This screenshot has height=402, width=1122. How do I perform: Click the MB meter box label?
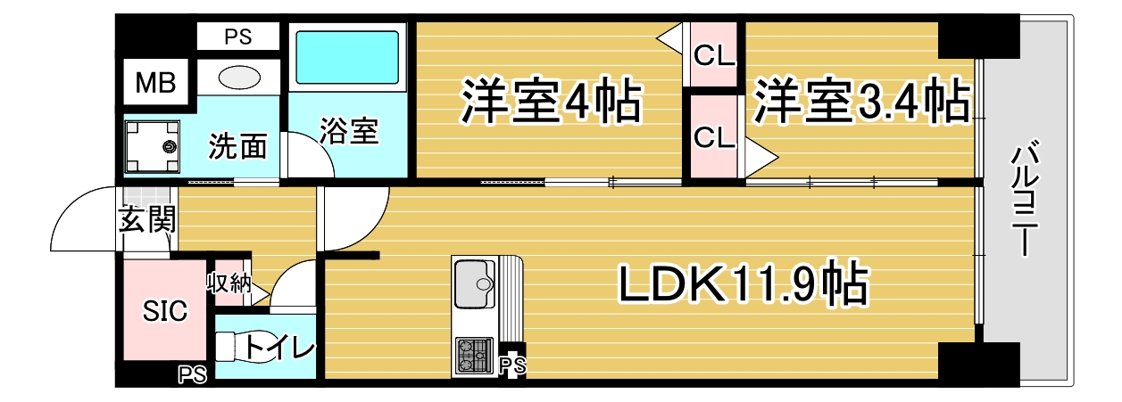pos(156,83)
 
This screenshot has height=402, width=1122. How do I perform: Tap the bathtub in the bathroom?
pos(347,57)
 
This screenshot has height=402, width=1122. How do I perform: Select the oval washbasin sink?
pos(239,78)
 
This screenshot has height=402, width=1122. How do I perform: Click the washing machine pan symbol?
pos(153,146)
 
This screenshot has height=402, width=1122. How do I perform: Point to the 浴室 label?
pos(349,131)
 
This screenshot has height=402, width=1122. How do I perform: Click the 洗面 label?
pos(237,146)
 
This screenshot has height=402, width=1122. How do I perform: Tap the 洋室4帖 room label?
pos(551,101)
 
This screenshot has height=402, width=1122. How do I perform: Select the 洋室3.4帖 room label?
pos(861,101)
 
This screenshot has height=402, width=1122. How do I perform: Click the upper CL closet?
pos(714,55)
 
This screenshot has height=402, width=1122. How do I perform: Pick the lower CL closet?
pos(714,136)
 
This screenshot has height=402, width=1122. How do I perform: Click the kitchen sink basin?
pos(474,284)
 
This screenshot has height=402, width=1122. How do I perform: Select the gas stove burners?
pos(473,355)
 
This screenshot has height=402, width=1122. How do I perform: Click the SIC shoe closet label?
pos(165,310)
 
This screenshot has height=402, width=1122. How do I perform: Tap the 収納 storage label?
pos(229,283)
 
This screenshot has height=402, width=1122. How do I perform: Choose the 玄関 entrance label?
pos(147,219)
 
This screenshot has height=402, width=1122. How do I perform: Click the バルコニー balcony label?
pos(1025,199)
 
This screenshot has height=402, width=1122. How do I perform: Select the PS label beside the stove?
pos(513,365)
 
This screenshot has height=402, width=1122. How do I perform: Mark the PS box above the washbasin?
pos(238,37)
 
